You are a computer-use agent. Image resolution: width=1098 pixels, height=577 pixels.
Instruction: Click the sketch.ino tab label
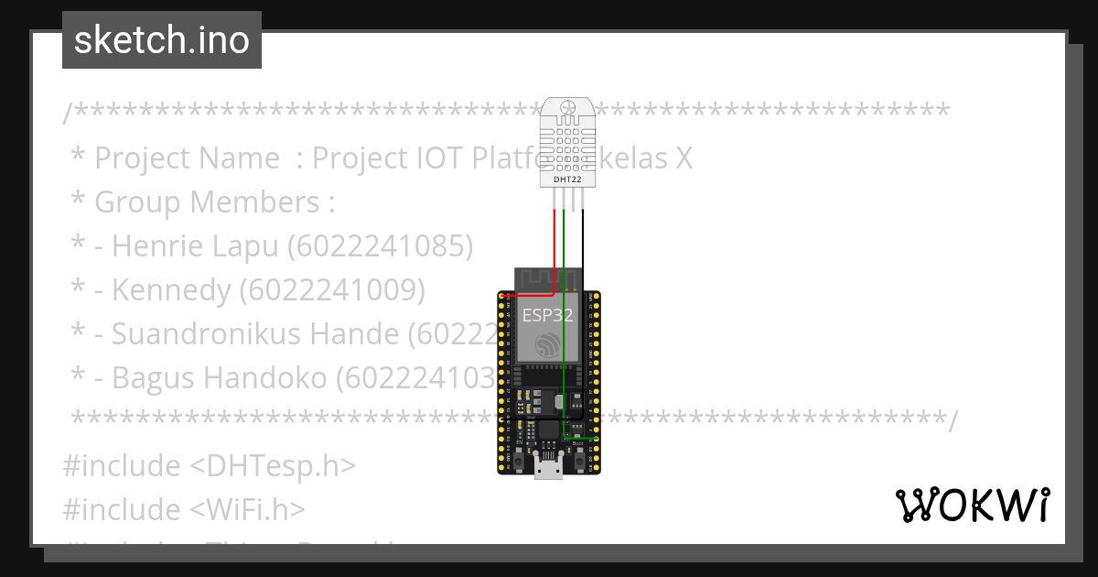(162, 40)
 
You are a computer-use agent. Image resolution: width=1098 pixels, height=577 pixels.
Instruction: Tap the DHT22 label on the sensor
(567, 180)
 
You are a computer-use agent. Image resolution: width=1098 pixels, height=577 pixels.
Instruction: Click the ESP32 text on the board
(547, 316)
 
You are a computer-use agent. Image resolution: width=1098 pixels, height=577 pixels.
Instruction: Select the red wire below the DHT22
(554, 247)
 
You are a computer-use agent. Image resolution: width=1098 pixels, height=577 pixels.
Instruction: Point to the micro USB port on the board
(549, 468)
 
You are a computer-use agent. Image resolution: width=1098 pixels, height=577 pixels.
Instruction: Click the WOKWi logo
(972, 505)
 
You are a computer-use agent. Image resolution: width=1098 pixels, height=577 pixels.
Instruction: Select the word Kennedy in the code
(171, 289)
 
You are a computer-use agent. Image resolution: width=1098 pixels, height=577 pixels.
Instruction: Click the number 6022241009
(333, 289)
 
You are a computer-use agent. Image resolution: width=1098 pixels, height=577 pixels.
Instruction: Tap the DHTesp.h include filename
(272, 465)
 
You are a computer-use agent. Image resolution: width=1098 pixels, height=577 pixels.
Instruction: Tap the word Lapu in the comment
(248, 245)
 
